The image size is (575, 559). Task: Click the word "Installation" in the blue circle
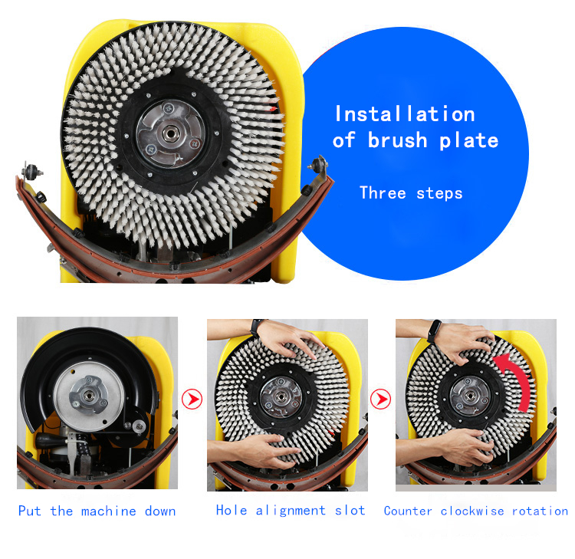[x=405, y=114]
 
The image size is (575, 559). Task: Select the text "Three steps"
[x=411, y=192]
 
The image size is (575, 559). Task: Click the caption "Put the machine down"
[x=97, y=511]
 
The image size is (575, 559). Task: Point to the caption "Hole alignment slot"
[x=291, y=511]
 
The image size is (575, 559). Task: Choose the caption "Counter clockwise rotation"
[x=475, y=511]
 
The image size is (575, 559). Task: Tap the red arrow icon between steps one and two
[x=192, y=400]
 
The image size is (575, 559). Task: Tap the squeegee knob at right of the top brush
[x=317, y=163]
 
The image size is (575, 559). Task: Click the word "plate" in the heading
[x=468, y=141]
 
